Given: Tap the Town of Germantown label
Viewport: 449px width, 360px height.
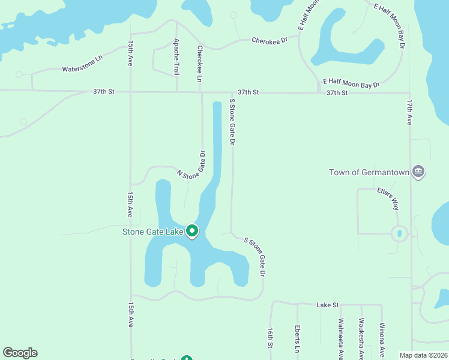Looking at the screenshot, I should point(369,173).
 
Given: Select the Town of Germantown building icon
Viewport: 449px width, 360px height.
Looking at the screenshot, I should point(419,172).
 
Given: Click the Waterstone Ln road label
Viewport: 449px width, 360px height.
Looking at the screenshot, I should point(82,69).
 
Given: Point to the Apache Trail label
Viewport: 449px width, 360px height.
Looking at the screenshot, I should point(176,57).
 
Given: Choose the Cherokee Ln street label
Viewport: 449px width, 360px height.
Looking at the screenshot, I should point(200,64).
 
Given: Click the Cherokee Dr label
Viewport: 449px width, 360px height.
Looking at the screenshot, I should point(270,40).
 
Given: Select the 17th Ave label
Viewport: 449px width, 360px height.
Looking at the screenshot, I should point(409,112).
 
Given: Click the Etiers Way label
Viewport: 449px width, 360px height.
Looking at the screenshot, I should point(388,197).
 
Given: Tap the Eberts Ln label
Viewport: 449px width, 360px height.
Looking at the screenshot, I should point(297,339).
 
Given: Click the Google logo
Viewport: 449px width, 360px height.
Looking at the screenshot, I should point(20,353).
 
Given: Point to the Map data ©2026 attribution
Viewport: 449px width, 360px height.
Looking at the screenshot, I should point(423,355).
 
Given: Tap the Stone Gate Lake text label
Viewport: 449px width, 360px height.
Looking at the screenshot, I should point(152,232).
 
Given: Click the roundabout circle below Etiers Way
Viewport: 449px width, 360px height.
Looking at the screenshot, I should point(399,233).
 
